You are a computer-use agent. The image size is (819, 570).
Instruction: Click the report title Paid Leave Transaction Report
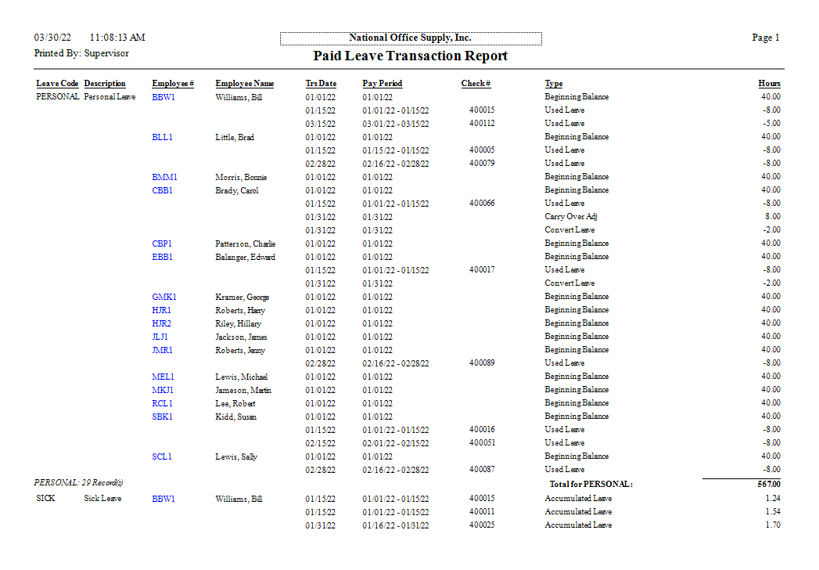pos(410,56)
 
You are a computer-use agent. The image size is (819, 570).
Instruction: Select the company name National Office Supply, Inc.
pos(410,38)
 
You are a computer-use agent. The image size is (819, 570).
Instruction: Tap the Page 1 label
pos(766,38)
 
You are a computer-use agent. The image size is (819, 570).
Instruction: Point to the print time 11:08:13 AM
pos(117,38)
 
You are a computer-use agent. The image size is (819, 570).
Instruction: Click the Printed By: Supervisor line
pos(81,53)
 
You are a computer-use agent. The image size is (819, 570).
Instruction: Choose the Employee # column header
pos(173,84)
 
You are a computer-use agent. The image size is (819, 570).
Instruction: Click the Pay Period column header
pos(383,84)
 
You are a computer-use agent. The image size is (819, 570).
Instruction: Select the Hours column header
pos(769,84)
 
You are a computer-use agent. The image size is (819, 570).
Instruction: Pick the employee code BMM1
pos(164,177)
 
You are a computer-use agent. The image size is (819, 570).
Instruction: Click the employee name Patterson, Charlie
pos(245,244)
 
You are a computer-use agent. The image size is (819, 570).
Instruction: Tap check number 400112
pos(482,124)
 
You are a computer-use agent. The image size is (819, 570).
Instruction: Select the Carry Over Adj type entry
pos(571,217)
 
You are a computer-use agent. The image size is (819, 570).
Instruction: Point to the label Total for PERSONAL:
pos(591,484)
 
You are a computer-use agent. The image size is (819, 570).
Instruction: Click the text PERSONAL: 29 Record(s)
pos(78,483)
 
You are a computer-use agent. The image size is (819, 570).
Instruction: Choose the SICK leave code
pos(45,499)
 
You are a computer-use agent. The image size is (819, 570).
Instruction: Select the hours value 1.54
pos(772,512)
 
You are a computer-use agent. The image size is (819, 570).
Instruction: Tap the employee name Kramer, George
pos(242,298)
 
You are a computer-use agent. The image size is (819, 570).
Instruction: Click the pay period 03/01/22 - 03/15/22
pos(395,124)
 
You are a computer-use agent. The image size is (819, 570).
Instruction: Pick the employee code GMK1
pos(164,297)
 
